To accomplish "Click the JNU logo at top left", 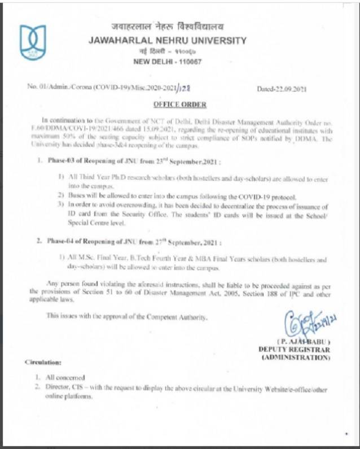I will (32, 43).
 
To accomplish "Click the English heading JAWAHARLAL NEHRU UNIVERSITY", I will (168, 41).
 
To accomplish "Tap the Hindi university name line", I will (168, 27).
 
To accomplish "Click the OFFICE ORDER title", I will (180, 104).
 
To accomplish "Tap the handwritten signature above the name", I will (305, 326).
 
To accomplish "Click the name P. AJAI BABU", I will (303, 341).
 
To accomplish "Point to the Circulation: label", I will (43, 361).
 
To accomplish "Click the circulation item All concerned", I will (65, 377).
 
